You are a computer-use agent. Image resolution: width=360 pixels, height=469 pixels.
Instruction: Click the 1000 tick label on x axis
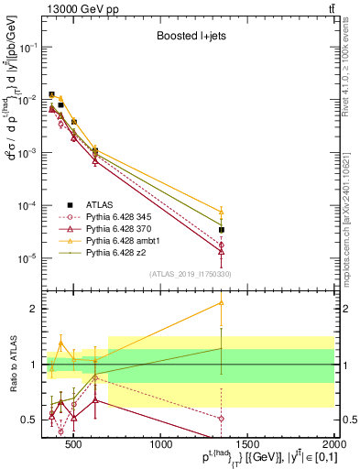pos(161,446)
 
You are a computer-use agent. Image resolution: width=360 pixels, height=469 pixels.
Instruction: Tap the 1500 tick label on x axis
pos(248,446)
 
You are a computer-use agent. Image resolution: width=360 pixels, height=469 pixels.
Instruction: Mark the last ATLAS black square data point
pos(222,230)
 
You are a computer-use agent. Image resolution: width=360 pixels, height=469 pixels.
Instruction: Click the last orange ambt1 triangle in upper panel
pos(222,211)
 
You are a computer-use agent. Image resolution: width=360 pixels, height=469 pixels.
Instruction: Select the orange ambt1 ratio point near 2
pos(222,302)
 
